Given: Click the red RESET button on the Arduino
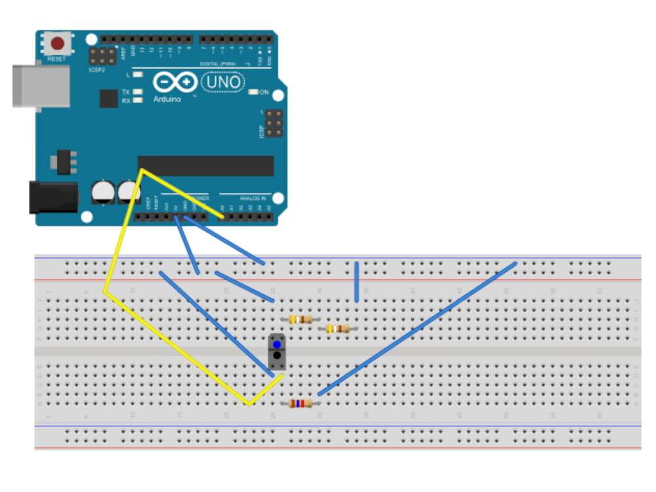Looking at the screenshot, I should [58, 44].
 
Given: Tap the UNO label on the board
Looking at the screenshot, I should [224, 82].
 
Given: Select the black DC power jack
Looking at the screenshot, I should [52, 197].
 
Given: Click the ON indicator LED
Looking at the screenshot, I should [254, 92].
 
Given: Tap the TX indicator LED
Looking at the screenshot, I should [138, 92].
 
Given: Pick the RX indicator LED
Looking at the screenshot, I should [138, 101].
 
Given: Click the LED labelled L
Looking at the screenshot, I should [138, 75].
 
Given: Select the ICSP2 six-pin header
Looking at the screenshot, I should [104, 56].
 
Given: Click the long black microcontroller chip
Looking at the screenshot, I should [205, 166].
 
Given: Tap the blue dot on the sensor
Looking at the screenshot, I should [277, 344].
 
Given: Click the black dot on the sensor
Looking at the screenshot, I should [277, 356].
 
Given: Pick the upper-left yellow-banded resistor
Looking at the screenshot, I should [300, 319].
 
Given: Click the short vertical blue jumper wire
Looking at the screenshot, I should [356, 282].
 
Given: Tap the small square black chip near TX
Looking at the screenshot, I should [108, 98].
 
